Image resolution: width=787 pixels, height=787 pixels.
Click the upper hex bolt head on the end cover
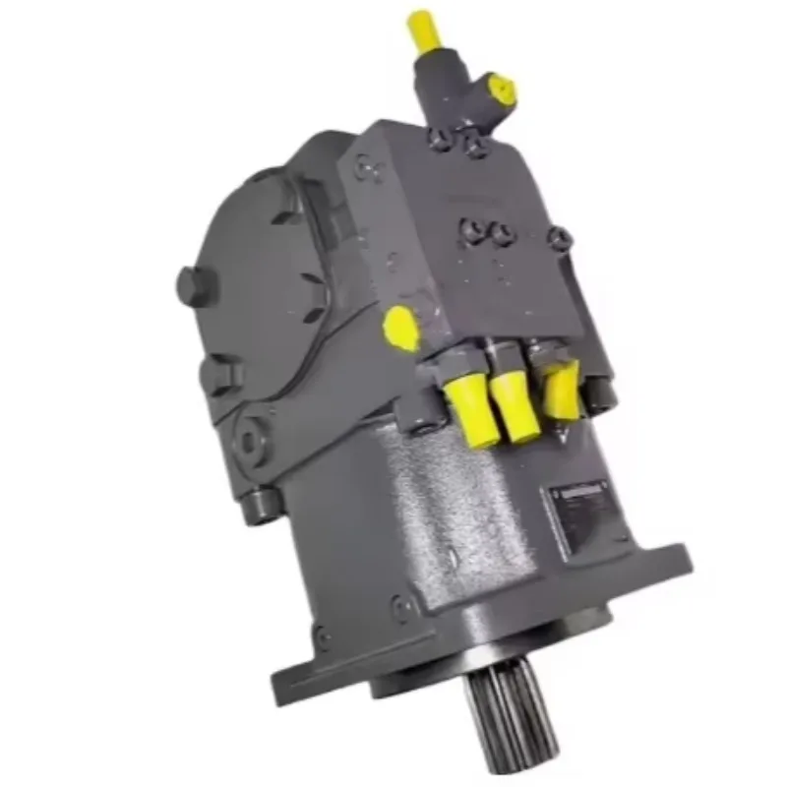pyautogui.click(x=189, y=285)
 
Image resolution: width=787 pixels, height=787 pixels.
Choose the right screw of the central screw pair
pyautogui.click(x=500, y=234)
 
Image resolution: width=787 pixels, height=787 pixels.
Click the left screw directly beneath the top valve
pyautogui.click(x=444, y=142)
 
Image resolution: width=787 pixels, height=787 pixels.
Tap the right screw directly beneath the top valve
pyautogui.click(x=477, y=147)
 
